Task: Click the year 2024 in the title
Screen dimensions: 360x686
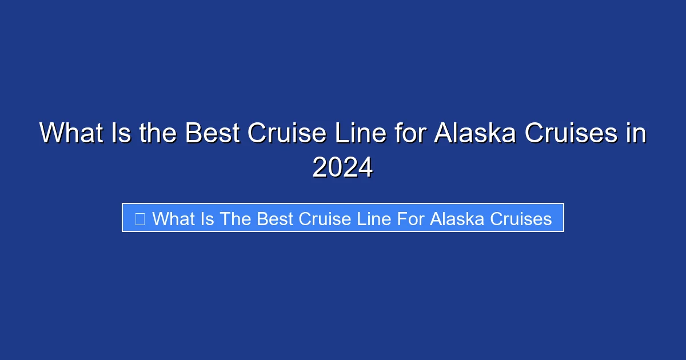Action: [342, 167]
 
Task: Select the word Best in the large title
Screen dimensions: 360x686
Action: [213, 134]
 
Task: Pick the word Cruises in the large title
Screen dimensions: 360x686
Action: [570, 134]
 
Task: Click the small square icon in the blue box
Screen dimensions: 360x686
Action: [139, 218]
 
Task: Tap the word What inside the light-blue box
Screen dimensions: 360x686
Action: [173, 218]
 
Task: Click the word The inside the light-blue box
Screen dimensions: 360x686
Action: [236, 218]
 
